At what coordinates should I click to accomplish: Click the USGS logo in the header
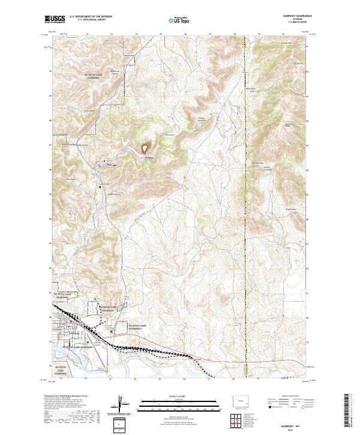(55, 20)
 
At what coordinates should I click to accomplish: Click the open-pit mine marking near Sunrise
(146, 146)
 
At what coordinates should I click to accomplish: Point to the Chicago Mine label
(202, 118)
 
